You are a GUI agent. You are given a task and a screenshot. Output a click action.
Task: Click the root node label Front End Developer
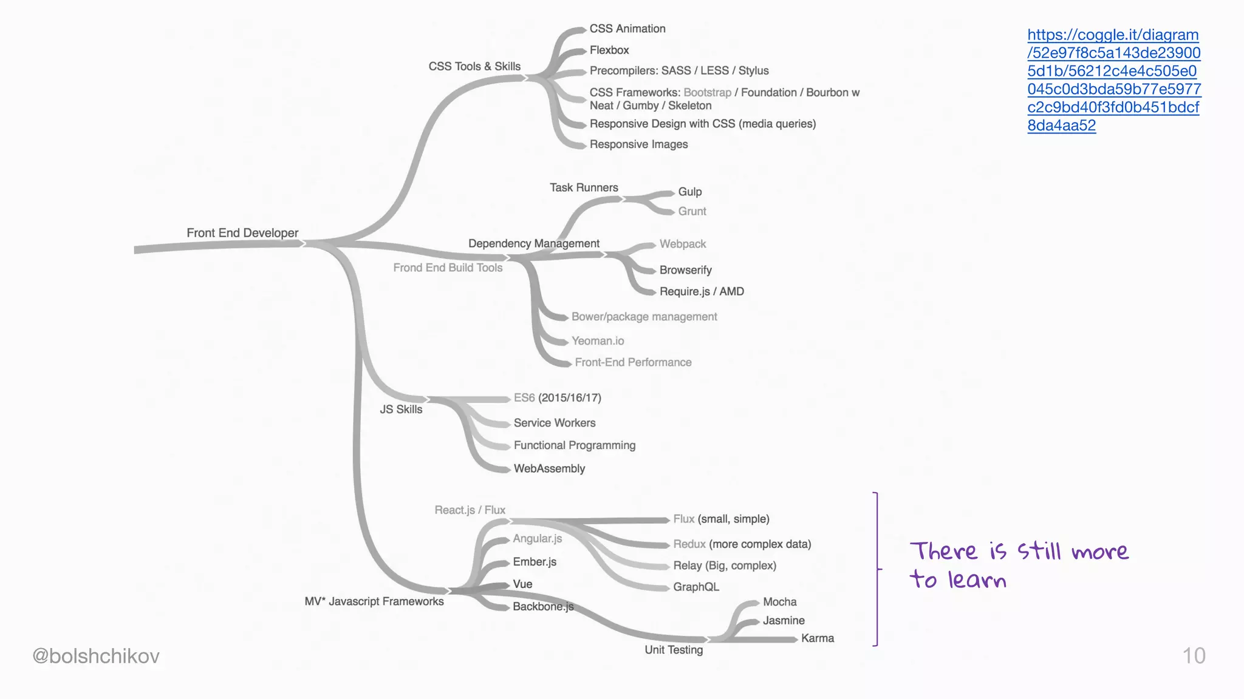coord(242,233)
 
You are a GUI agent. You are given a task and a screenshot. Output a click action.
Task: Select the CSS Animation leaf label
coord(627,29)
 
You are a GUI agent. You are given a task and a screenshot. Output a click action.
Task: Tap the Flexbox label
coord(609,50)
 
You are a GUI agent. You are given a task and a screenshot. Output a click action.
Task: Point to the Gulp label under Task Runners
coord(689,192)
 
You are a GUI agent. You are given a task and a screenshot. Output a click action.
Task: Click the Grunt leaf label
coord(692,211)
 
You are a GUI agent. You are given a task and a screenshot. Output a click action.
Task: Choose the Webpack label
coord(683,244)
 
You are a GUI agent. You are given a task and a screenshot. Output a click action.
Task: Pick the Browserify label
coord(685,270)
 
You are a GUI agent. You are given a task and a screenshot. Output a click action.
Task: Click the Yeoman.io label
coord(598,341)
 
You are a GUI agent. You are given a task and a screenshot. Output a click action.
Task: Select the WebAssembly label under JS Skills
coord(549,468)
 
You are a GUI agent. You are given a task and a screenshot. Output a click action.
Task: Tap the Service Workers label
coord(554,423)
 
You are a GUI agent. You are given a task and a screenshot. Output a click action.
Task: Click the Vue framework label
coord(522,584)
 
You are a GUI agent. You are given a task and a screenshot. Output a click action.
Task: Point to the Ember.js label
coord(535,562)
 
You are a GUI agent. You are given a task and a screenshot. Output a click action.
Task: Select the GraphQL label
coord(696,587)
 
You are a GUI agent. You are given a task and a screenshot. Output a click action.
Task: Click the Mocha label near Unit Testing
coord(779,602)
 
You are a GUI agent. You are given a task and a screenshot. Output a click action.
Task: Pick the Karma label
coord(817,638)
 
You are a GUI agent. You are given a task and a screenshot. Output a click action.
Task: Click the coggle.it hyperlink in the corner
coord(1113,80)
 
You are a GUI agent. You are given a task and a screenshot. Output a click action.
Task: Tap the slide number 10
coord(1194,656)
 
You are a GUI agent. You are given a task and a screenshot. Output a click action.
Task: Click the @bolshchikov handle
coord(96,656)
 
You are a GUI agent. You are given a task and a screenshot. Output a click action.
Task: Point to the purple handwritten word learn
coord(977,580)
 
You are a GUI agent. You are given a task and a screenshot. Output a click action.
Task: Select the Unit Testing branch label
coord(674,650)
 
